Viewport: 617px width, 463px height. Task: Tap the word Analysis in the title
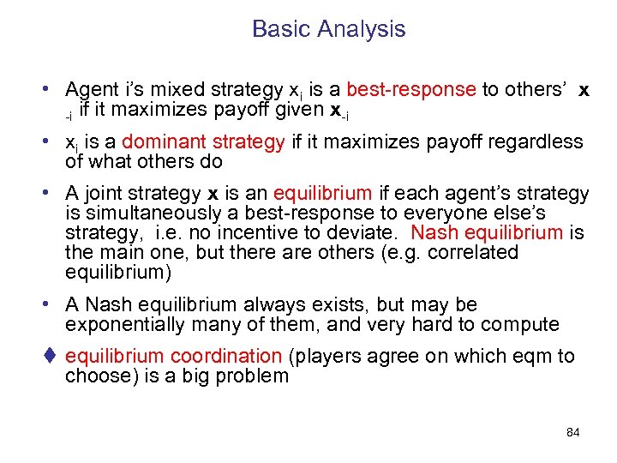359,29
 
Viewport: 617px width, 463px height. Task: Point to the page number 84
573,432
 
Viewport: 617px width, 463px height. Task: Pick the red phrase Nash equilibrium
487,232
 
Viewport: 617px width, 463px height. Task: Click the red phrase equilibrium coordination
173,357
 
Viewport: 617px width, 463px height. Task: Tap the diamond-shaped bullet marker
51,357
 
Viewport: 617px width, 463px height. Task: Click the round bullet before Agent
53,90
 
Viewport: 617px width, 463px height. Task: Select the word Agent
93,90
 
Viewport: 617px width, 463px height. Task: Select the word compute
524,325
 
